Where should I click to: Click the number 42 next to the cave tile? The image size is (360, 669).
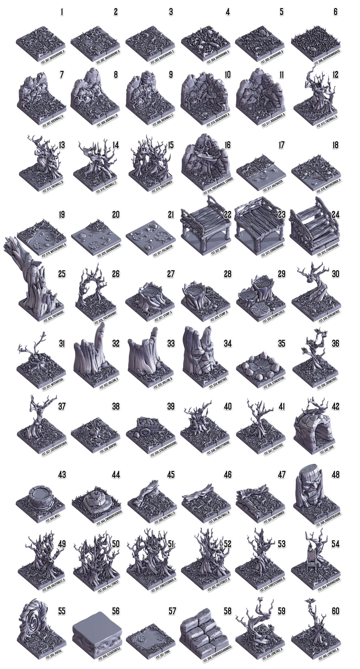coord(335,407)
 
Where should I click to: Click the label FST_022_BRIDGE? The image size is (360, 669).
coord(219,252)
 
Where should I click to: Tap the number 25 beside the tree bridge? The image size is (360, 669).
coord(62,274)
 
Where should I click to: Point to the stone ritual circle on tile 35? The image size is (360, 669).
coord(259,366)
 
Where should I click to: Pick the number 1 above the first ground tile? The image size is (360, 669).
coord(62,12)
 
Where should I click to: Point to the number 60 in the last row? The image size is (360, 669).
coord(335,611)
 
